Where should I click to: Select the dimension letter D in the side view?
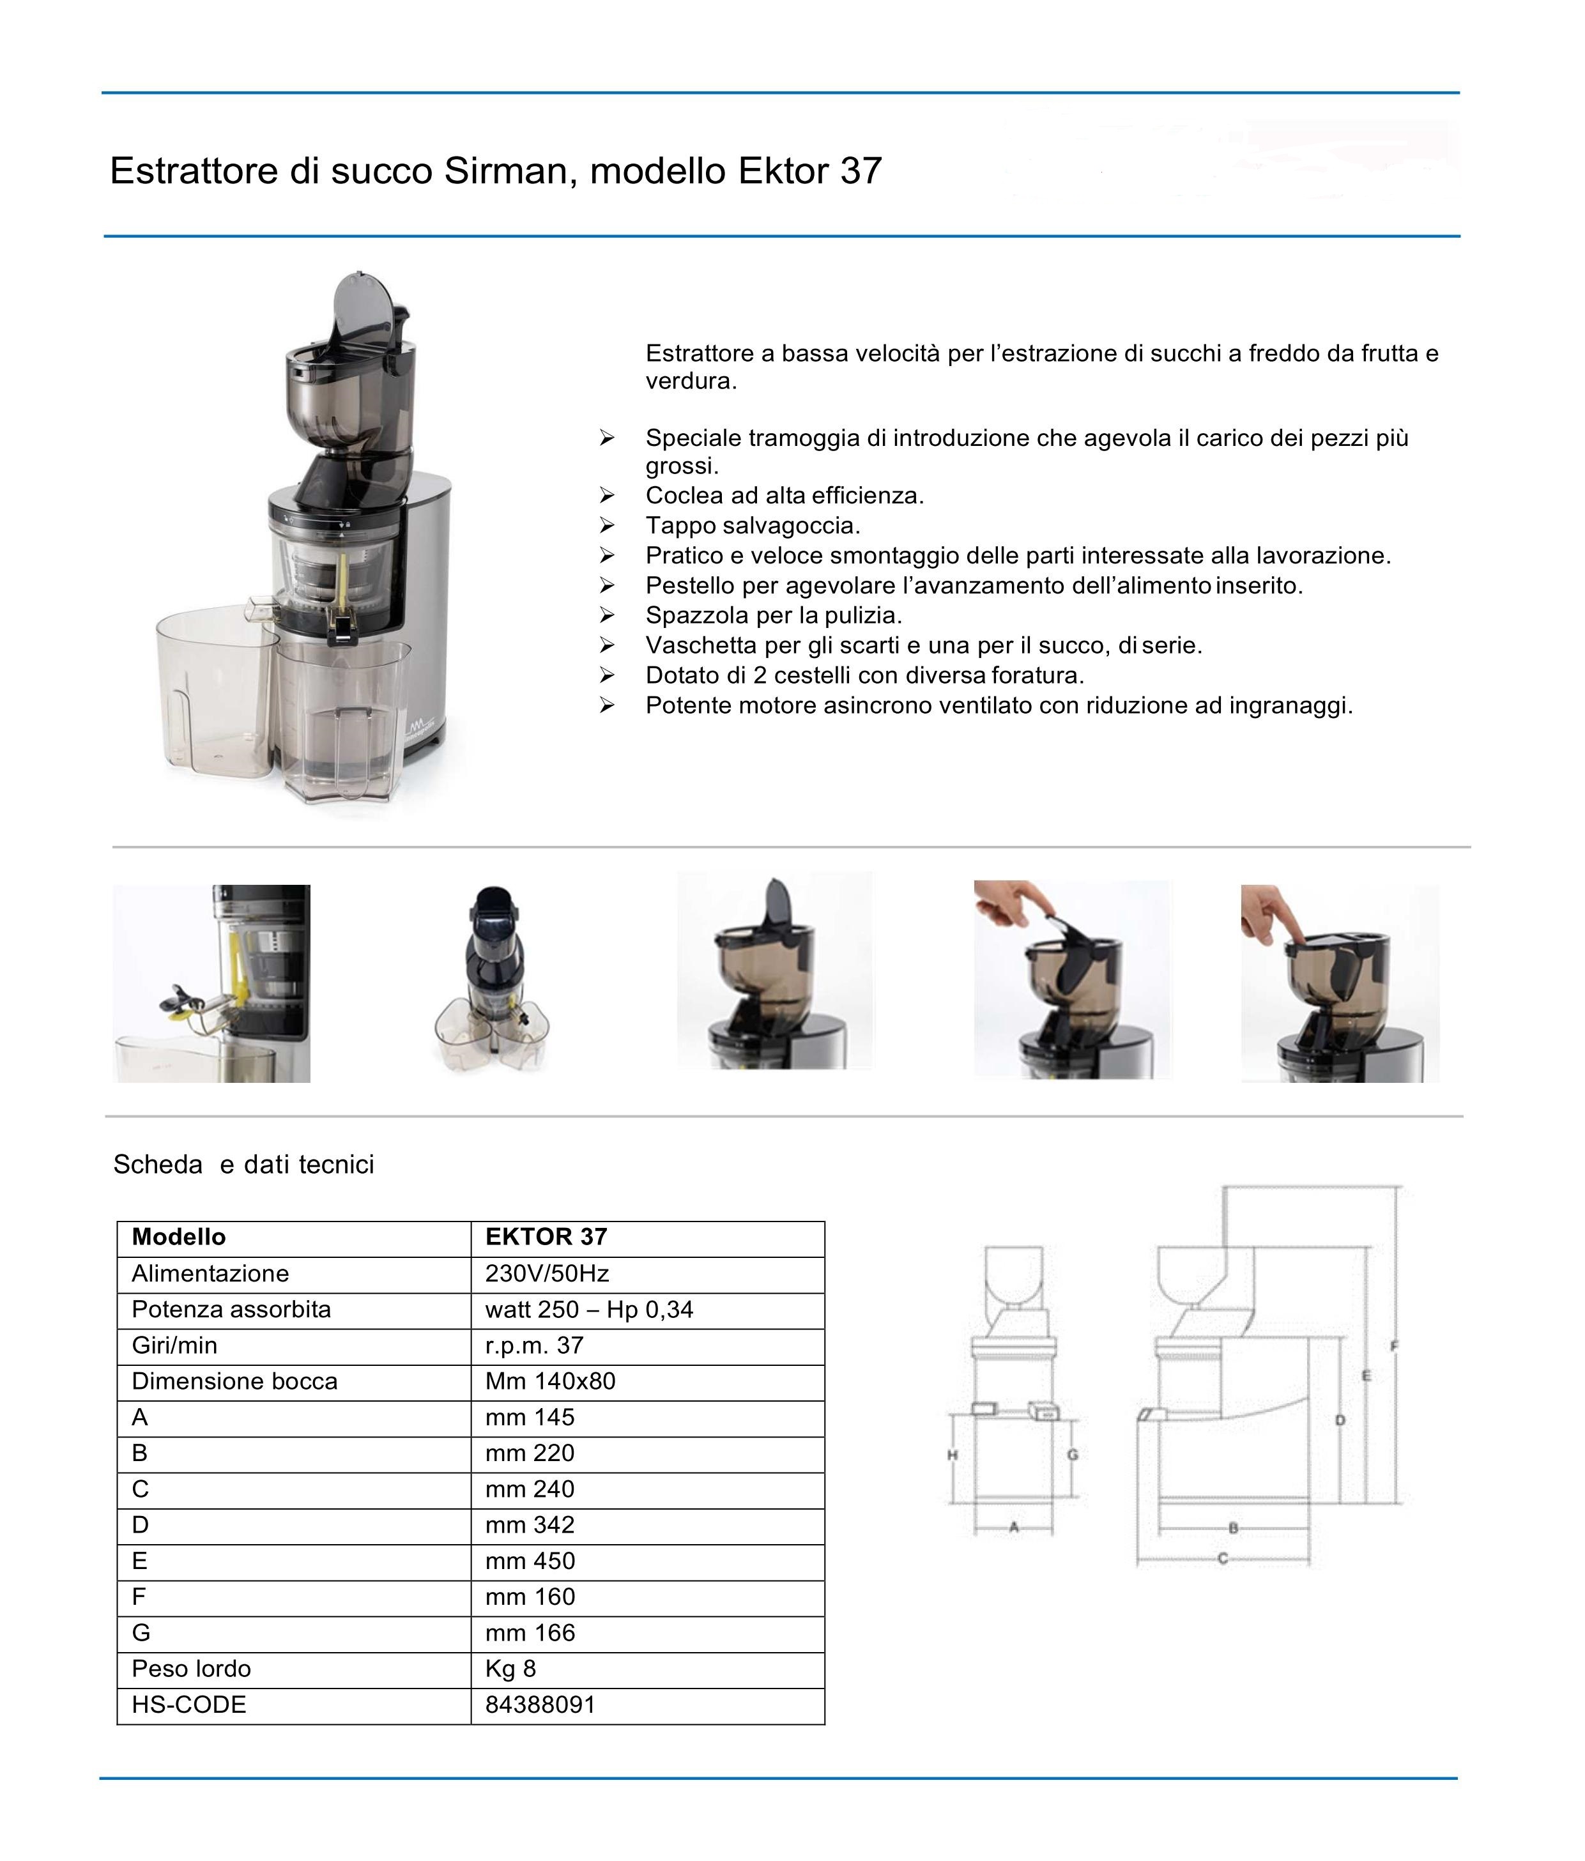pos(1340,1421)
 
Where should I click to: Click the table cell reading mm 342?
pos(530,1525)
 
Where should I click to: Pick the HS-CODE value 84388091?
pos(540,1704)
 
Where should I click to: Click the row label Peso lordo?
pos(191,1669)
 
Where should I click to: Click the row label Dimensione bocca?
pos(234,1381)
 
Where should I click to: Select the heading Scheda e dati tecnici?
pos(243,1165)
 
